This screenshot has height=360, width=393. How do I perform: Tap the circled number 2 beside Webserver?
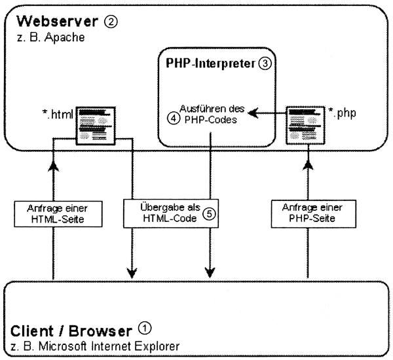click(110, 23)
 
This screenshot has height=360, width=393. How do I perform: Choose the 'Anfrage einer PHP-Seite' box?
click(307, 214)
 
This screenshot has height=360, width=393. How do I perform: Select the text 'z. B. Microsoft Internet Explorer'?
click(95, 344)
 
